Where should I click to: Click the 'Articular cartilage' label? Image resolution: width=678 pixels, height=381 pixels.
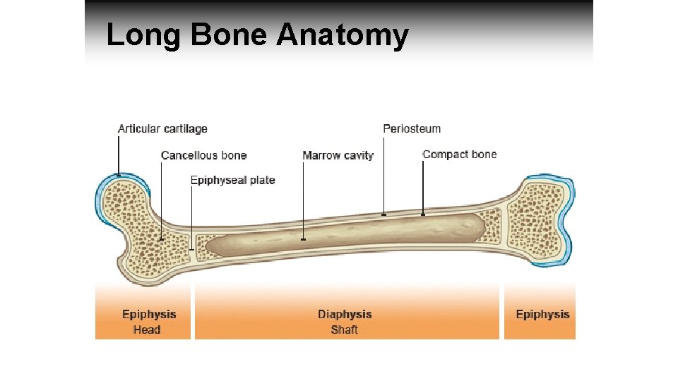click(162, 128)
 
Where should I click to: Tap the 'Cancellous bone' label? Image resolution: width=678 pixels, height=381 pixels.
click(203, 155)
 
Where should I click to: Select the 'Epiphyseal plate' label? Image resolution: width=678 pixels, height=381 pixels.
click(232, 180)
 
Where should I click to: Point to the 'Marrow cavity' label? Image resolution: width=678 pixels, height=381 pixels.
click(338, 155)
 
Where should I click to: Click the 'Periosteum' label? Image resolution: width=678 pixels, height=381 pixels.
click(412, 128)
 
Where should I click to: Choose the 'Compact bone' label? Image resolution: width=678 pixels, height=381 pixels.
click(459, 155)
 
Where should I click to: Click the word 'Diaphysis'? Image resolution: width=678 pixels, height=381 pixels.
click(345, 315)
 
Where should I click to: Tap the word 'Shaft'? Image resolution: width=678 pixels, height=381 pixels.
click(345, 329)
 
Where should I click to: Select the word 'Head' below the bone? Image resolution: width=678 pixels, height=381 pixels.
click(147, 329)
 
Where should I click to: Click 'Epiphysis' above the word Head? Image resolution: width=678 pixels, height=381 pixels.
click(149, 315)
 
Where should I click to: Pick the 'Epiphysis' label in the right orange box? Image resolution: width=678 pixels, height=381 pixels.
click(542, 315)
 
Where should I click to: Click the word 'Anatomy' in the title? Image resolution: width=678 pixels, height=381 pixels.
click(342, 35)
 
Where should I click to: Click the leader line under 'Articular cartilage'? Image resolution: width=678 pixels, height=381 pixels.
click(119, 155)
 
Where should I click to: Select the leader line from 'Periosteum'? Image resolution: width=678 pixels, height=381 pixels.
click(383, 173)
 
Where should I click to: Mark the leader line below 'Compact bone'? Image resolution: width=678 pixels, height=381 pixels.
click(423, 187)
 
